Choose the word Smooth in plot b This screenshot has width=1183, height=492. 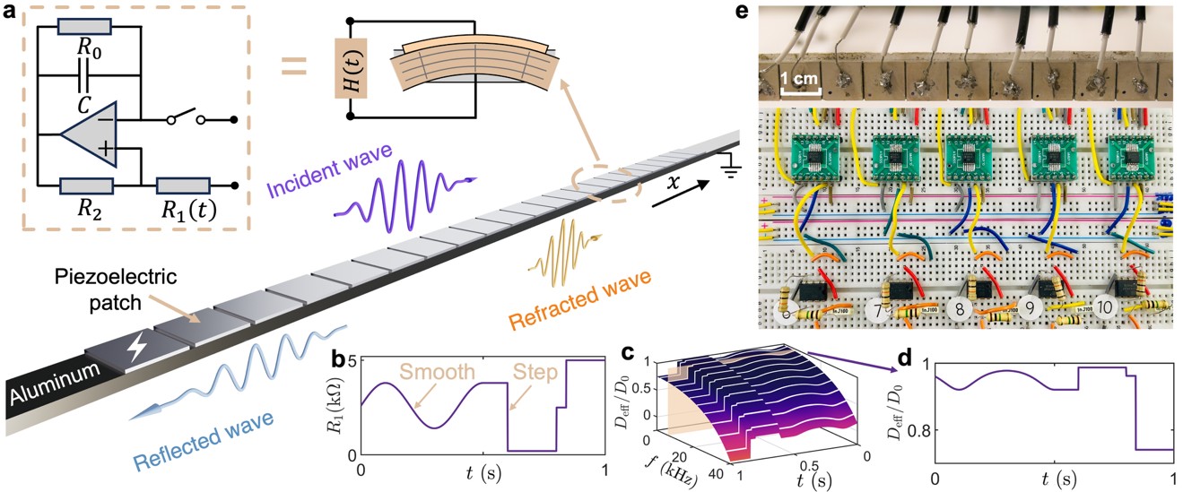tap(425, 370)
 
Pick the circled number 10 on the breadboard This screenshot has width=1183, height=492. tap(1104, 307)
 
